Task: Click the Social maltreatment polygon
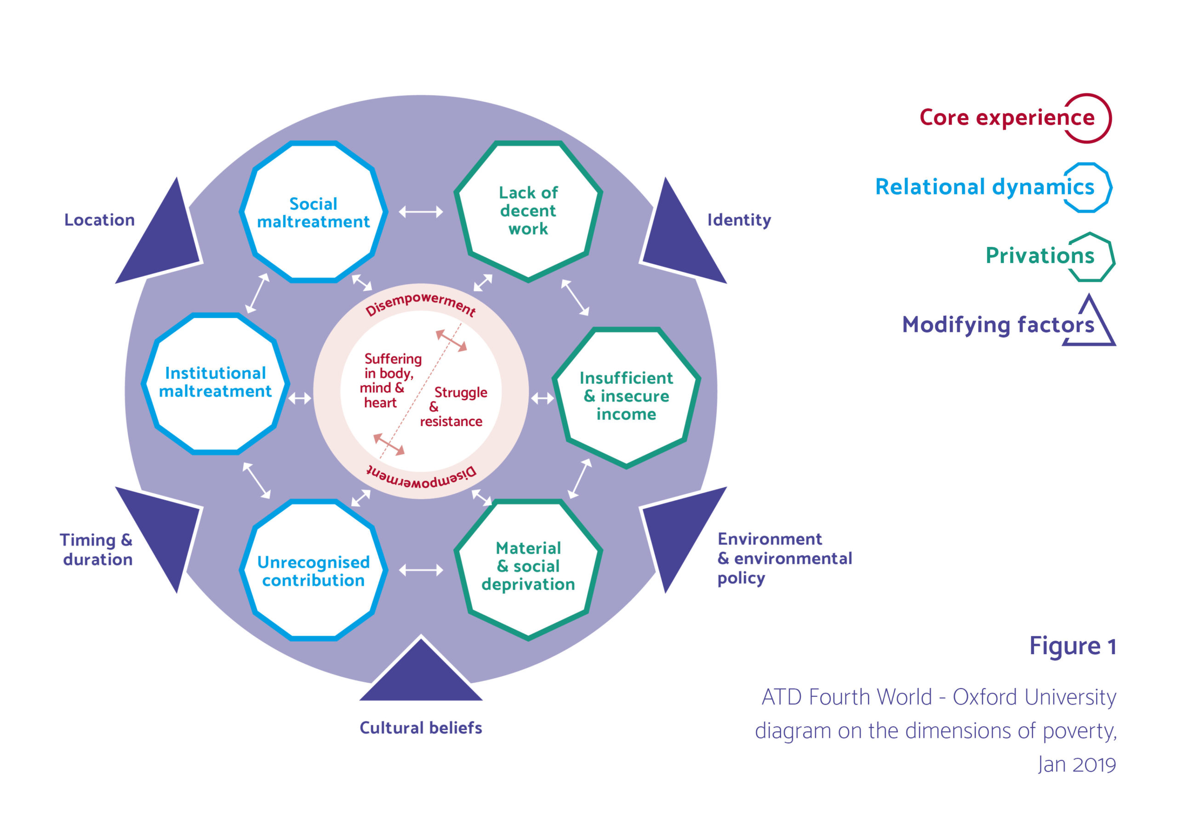[313, 212]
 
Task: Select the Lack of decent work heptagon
[528, 211]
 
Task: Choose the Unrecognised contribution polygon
[313, 570]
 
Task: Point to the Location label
[99, 220]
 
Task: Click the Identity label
[739, 220]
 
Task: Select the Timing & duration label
[97, 550]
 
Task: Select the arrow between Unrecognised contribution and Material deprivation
[421, 570]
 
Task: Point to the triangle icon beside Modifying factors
[1089, 323]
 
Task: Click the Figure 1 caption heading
[1073, 646]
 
